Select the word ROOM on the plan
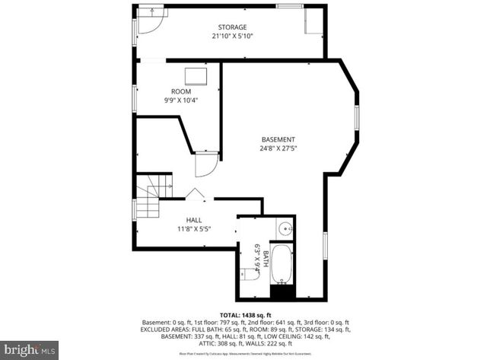click(180, 91)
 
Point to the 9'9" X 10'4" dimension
click(180, 100)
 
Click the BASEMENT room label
click(278, 140)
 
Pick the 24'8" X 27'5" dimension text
click(278, 149)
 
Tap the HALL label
click(193, 220)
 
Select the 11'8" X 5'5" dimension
click(193, 228)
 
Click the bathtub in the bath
click(282, 262)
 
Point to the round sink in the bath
click(285, 228)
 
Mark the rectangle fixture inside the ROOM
click(196, 75)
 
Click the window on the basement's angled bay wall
click(357, 119)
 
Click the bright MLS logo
click(30, 349)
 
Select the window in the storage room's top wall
click(288, 6)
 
